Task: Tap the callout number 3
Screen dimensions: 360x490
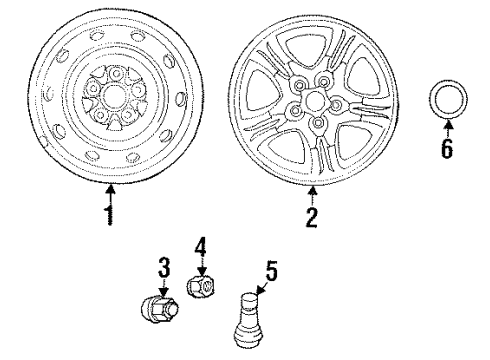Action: [x=164, y=268]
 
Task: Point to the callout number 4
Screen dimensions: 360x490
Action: [x=201, y=246]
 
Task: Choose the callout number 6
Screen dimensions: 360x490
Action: [x=447, y=148]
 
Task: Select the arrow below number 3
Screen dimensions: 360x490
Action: [x=164, y=287]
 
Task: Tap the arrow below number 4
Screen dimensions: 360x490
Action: [x=201, y=265]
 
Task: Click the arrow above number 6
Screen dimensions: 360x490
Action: [x=447, y=127]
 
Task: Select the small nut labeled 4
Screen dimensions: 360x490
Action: [x=202, y=287]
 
